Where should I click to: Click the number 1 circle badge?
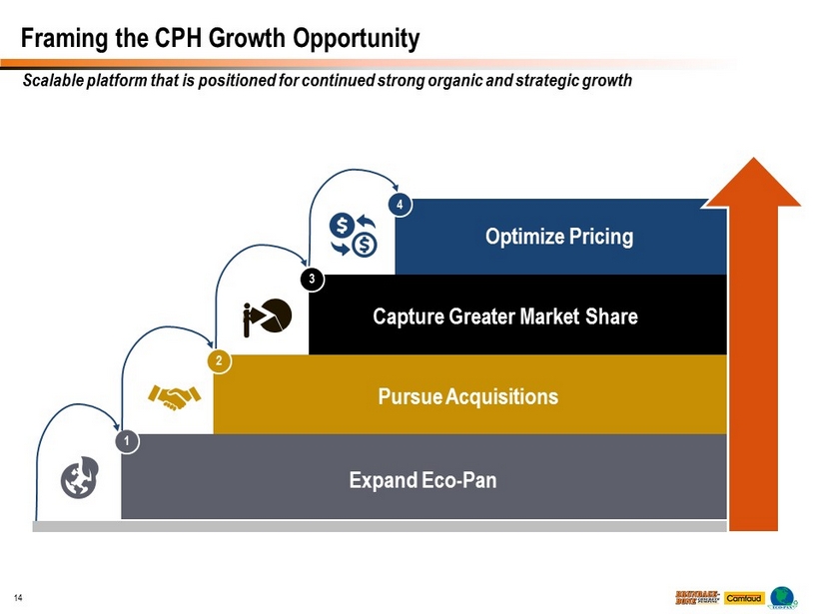click(127, 440)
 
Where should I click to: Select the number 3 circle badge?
click(313, 280)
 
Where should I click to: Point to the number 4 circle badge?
click(400, 205)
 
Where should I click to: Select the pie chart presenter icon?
click(267, 316)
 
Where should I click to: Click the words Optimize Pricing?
click(559, 237)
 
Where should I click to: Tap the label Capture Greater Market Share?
click(504, 316)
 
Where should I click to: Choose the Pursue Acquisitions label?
click(468, 396)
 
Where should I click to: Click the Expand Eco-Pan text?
click(422, 480)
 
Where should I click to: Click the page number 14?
click(18, 598)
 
